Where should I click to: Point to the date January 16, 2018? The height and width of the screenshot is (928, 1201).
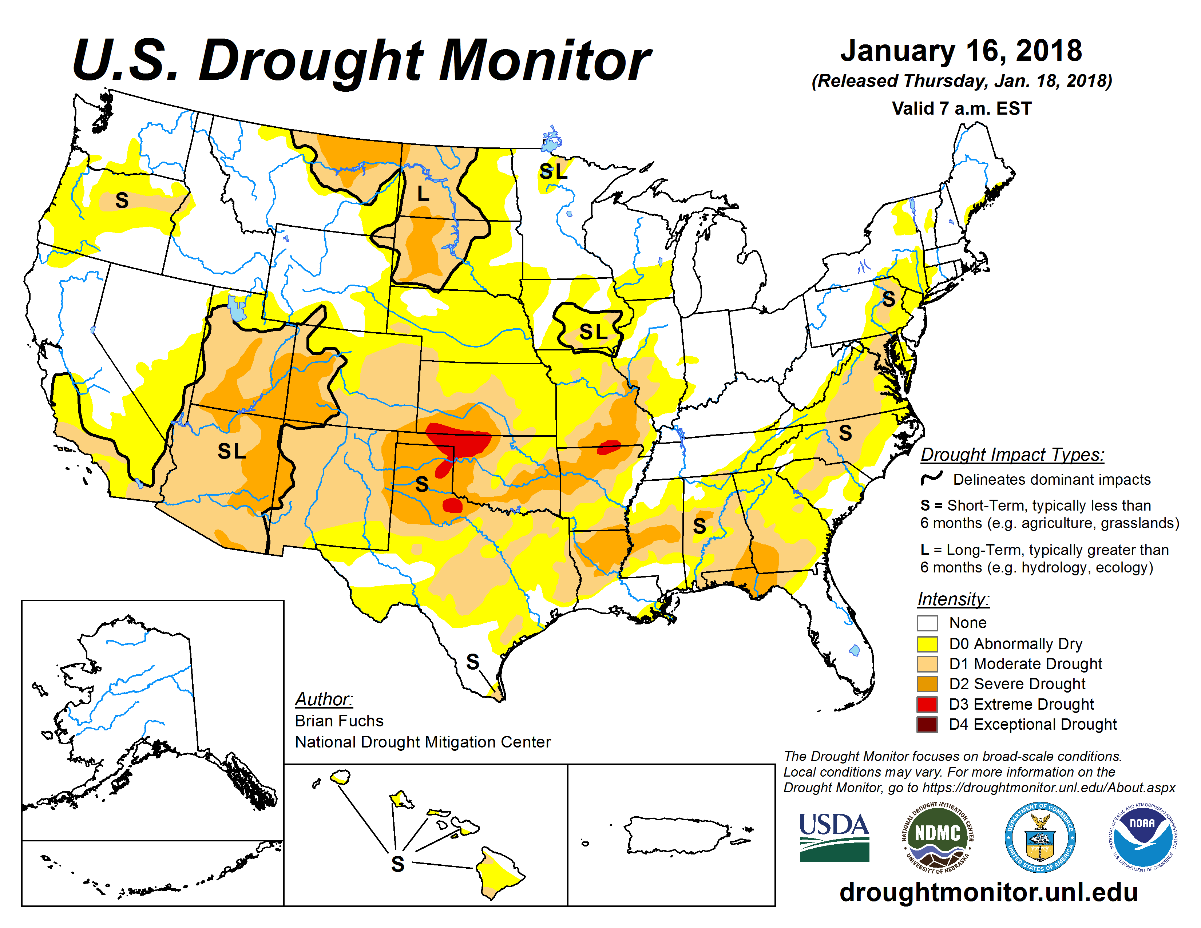coord(961,51)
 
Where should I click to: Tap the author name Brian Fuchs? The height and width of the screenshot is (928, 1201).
coord(339,721)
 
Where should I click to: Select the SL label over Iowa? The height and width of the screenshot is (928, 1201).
coord(593,332)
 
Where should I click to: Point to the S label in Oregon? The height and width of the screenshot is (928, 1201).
coord(122,201)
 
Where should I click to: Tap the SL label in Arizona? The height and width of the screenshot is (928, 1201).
coord(231,451)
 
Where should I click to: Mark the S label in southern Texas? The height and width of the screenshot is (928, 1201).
coord(472,662)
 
